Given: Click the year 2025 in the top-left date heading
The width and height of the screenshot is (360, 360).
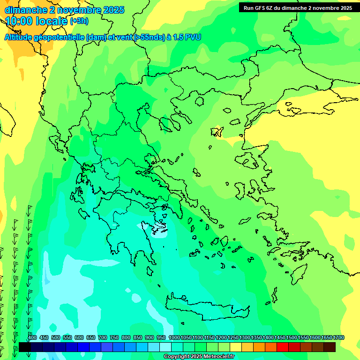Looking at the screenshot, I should click(x=109, y=9).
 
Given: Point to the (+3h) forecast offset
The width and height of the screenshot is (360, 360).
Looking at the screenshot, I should click(x=79, y=21).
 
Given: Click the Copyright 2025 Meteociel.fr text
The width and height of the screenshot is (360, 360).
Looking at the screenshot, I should click(x=205, y=357).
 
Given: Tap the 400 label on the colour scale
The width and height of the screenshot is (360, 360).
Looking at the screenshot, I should click(x=32, y=338).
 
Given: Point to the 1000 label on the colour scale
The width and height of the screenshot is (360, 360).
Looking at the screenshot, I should click(x=174, y=338).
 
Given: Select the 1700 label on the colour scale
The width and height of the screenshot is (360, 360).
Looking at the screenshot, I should click(x=338, y=338).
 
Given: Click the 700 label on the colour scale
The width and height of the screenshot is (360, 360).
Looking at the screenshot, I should click(x=102, y=338).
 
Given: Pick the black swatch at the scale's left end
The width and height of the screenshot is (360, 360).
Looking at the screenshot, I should click(x=24, y=347).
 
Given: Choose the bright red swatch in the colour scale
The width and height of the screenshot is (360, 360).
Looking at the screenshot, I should click(x=283, y=347).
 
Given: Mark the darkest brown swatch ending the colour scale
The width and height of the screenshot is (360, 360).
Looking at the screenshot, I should click(x=330, y=347).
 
